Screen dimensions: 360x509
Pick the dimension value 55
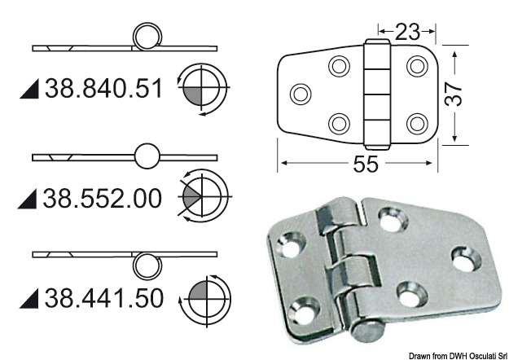(x=366, y=164)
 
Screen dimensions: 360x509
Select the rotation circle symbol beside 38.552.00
(x=203, y=196)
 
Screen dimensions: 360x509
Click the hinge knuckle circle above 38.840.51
(x=147, y=37)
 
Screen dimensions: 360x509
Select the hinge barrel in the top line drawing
(x=376, y=91)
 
